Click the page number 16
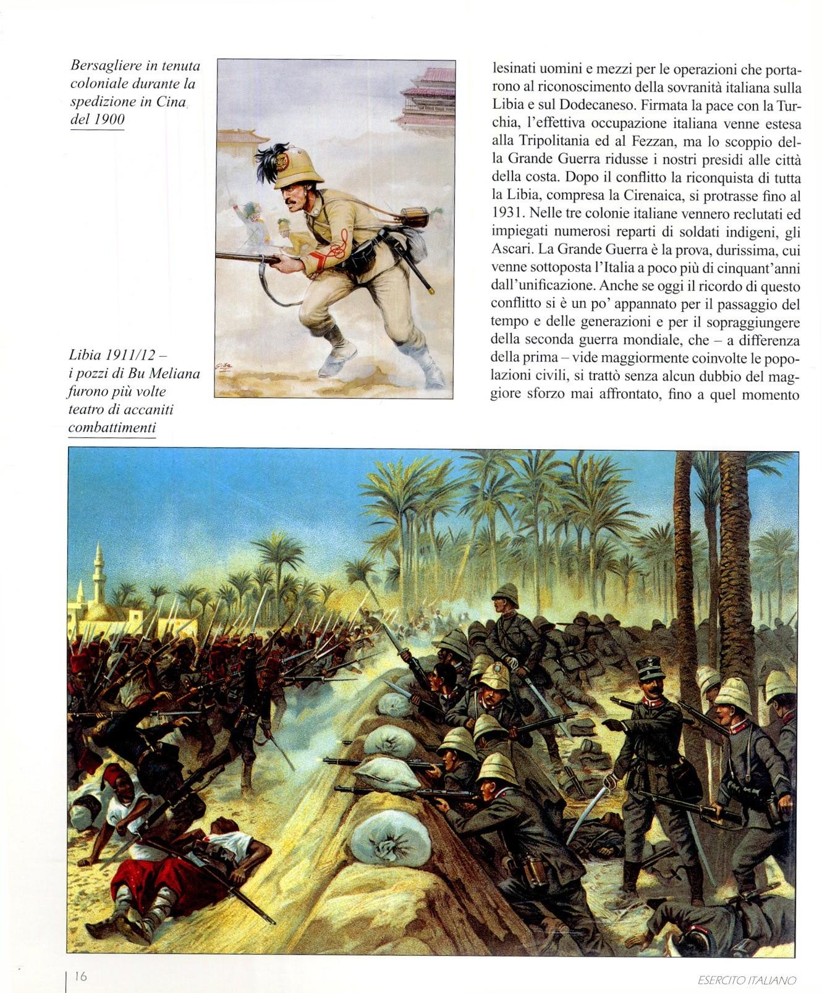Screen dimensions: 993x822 [80, 976]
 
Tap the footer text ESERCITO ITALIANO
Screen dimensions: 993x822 [746, 979]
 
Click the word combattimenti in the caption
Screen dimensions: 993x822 [112, 428]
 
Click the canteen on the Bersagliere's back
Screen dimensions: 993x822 [412, 217]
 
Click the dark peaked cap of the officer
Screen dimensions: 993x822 [651, 667]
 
